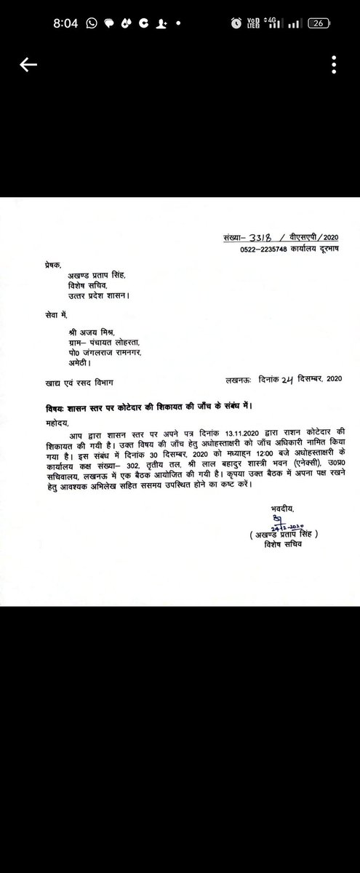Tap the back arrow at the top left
pyautogui.click(x=28, y=65)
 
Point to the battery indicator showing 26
pyautogui.click(x=318, y=23)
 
